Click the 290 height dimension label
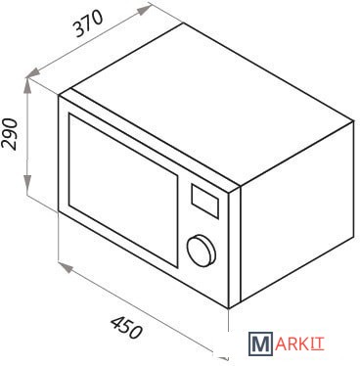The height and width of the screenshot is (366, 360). (9, 134)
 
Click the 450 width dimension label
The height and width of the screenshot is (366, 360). (126, 328)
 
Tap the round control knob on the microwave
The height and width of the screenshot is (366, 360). (202, 250)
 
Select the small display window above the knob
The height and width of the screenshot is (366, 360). (204, 201)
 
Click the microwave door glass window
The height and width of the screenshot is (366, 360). (123, 190)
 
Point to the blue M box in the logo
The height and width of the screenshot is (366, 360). (260, 343)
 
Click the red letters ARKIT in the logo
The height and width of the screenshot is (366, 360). (299, 344)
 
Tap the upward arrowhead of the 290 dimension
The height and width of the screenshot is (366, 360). (27, 85)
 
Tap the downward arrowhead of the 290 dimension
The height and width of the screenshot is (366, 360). (27, 183)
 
